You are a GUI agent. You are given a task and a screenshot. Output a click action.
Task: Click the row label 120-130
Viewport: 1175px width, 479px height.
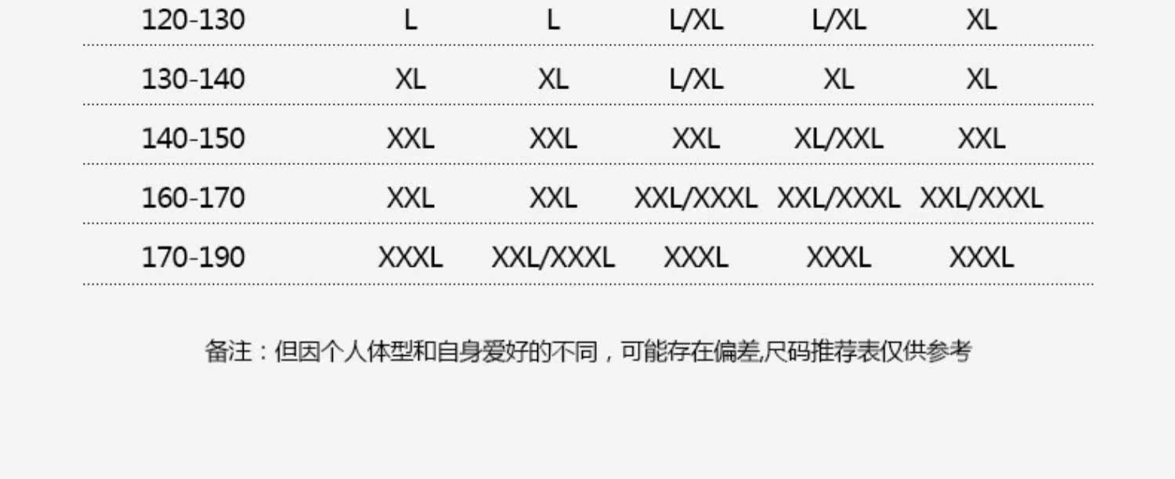pos(193,20)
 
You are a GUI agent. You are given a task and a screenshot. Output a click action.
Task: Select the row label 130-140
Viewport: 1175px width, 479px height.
pos(193,79)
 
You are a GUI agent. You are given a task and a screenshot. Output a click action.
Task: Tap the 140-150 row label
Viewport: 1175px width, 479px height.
pos(193,139)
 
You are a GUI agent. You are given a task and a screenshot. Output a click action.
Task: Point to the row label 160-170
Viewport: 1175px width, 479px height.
pos(193,198)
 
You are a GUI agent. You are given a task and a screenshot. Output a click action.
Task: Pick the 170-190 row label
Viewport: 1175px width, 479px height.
pos(193,258)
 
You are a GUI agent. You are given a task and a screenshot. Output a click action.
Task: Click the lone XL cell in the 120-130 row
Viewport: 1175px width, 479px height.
pos(981,20)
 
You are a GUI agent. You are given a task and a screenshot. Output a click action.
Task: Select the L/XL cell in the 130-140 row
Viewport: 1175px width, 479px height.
pos(696,79)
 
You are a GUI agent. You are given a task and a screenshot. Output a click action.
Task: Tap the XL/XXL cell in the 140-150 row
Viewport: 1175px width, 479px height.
pos(838,139)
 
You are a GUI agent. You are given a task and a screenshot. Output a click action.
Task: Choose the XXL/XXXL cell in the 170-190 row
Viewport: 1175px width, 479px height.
pos(553,258)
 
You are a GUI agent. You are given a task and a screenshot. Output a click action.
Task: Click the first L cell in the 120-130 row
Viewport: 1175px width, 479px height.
pos(410,20)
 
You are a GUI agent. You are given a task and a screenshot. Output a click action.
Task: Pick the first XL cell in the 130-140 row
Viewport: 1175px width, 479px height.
pos(410,79)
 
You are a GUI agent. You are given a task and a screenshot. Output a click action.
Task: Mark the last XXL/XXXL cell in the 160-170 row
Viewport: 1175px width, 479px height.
pos(981,198)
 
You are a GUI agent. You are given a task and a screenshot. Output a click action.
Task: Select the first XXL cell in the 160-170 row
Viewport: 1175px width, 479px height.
pos(410,198)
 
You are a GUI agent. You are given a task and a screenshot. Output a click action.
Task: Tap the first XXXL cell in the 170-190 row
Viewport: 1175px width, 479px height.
pos(410,258)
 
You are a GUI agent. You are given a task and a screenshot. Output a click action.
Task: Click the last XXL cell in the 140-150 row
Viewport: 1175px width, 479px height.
pos(981,139)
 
